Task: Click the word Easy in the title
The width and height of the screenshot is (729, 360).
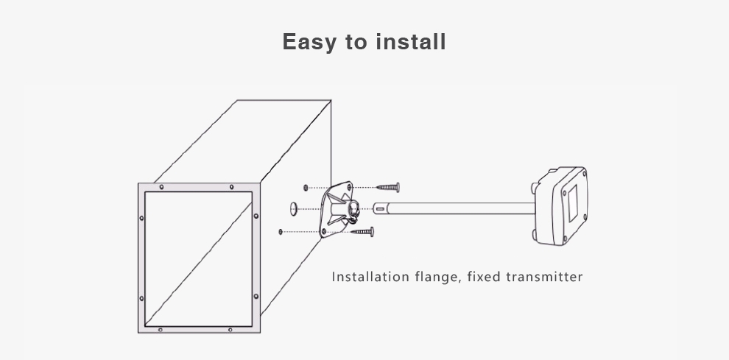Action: click(x=309, y=42)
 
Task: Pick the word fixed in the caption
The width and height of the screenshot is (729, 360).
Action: click(x=482, y=277)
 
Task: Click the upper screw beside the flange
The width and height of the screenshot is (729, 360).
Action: click(x=387, y=188)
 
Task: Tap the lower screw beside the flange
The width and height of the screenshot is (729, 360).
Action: click(x=362, y=232)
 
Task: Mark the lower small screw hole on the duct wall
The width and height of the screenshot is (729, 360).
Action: click(x=281, y=232)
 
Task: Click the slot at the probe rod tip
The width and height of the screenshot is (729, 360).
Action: click(x=380, y=208)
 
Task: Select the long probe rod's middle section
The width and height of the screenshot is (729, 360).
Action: click(x=457, y=208)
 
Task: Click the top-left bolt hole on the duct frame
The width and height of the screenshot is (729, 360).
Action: click(x=161, y=187)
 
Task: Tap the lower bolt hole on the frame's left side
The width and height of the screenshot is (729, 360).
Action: click(x=141, y=298)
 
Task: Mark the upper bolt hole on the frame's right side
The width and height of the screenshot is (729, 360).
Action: click(x=256, y=216)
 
